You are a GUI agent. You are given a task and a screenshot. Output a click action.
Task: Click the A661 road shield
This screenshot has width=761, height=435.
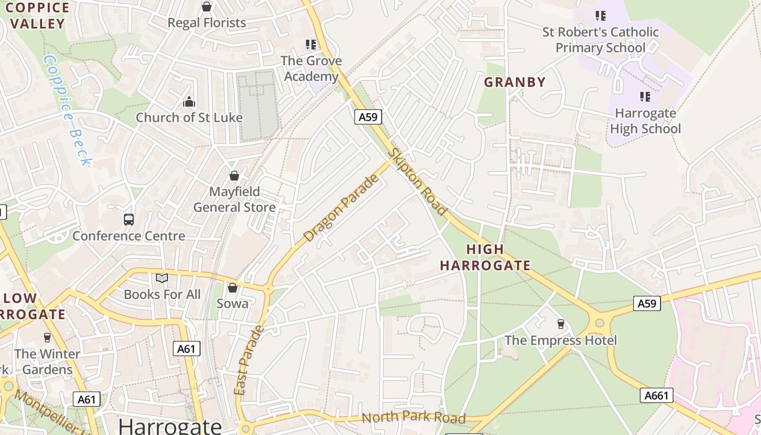coord(656,395)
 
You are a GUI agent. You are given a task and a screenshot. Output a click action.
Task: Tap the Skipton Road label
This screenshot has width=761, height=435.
coord(418,182)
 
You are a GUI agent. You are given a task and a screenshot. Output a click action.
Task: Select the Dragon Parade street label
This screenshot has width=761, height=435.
coord(341,209)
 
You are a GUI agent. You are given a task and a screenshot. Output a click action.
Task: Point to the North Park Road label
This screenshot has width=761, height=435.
coord(414,418)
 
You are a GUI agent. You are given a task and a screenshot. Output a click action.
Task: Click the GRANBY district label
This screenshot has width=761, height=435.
coord(514,82)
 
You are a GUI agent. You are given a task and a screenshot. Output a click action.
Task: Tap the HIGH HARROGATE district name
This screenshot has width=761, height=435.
coord(485,258)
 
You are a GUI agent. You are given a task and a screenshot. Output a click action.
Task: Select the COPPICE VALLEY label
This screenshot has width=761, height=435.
coord(38,16)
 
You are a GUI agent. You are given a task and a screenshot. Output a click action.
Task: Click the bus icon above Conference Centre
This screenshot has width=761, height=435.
coord(129,220)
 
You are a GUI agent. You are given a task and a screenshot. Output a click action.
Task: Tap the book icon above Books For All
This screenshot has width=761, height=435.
coord(162,278)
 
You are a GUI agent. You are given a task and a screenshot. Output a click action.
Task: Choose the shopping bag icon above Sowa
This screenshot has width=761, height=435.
coord(233,288)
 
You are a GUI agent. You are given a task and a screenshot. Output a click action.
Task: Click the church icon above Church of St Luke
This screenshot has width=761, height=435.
coord(189,102)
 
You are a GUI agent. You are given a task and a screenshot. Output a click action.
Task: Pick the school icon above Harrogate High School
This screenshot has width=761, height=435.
coord(645,97)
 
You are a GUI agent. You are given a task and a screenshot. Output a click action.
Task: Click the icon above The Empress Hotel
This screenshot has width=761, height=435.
coord(561,324)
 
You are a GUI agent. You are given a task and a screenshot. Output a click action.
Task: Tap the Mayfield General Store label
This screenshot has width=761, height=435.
coord(234,200)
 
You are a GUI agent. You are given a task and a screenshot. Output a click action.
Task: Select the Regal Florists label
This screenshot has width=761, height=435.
coord(207,23)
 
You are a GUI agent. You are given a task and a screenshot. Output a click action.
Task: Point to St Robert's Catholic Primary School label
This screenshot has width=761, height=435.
coord(600,40)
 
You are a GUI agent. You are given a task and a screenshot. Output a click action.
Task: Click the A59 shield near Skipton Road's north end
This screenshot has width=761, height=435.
coord(369,117)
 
